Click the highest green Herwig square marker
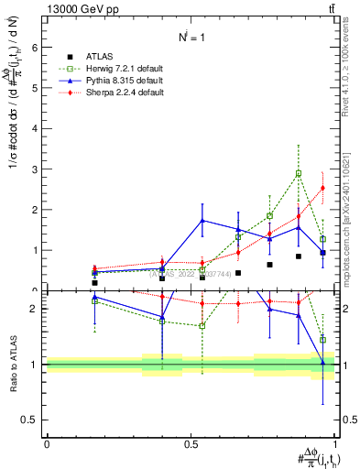click(x=299, y=173)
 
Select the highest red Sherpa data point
click(x=322, y=188)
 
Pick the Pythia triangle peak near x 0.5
click(x=202, y=221)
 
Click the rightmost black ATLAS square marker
click(x=322, y=253)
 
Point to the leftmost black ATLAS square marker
click(x=94, y=283)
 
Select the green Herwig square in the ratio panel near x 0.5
click(x=202, y=325)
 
